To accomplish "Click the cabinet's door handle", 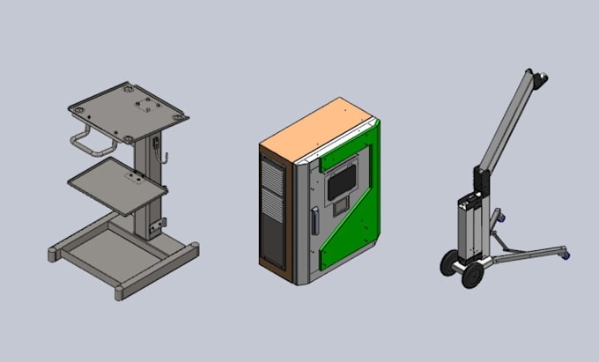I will pyautogui.click(x=314, y=220).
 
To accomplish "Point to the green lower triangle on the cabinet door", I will pyautogui.click(x=348, y=247).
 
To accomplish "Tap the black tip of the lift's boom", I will pyautogui.click(x=544, y=82).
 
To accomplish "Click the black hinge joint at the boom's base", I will pyautogui.click(x=479, y=181).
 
